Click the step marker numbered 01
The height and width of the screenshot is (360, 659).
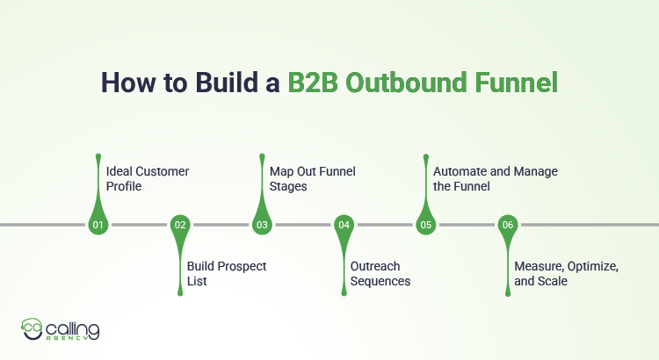98,226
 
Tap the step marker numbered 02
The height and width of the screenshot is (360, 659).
180,226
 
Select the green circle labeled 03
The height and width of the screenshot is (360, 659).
262,226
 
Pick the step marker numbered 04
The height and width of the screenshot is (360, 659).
344,226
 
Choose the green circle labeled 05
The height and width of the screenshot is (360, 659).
426,226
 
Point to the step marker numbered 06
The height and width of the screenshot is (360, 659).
508,226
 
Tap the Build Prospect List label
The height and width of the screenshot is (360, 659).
227,273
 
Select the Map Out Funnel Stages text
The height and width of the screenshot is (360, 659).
311,178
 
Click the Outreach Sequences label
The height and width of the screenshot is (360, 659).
380,273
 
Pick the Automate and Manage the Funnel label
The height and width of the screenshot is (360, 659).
496,178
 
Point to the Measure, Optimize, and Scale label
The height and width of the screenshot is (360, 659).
567,273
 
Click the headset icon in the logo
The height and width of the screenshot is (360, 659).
32,328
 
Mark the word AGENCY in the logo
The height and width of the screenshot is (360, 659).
73,340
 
